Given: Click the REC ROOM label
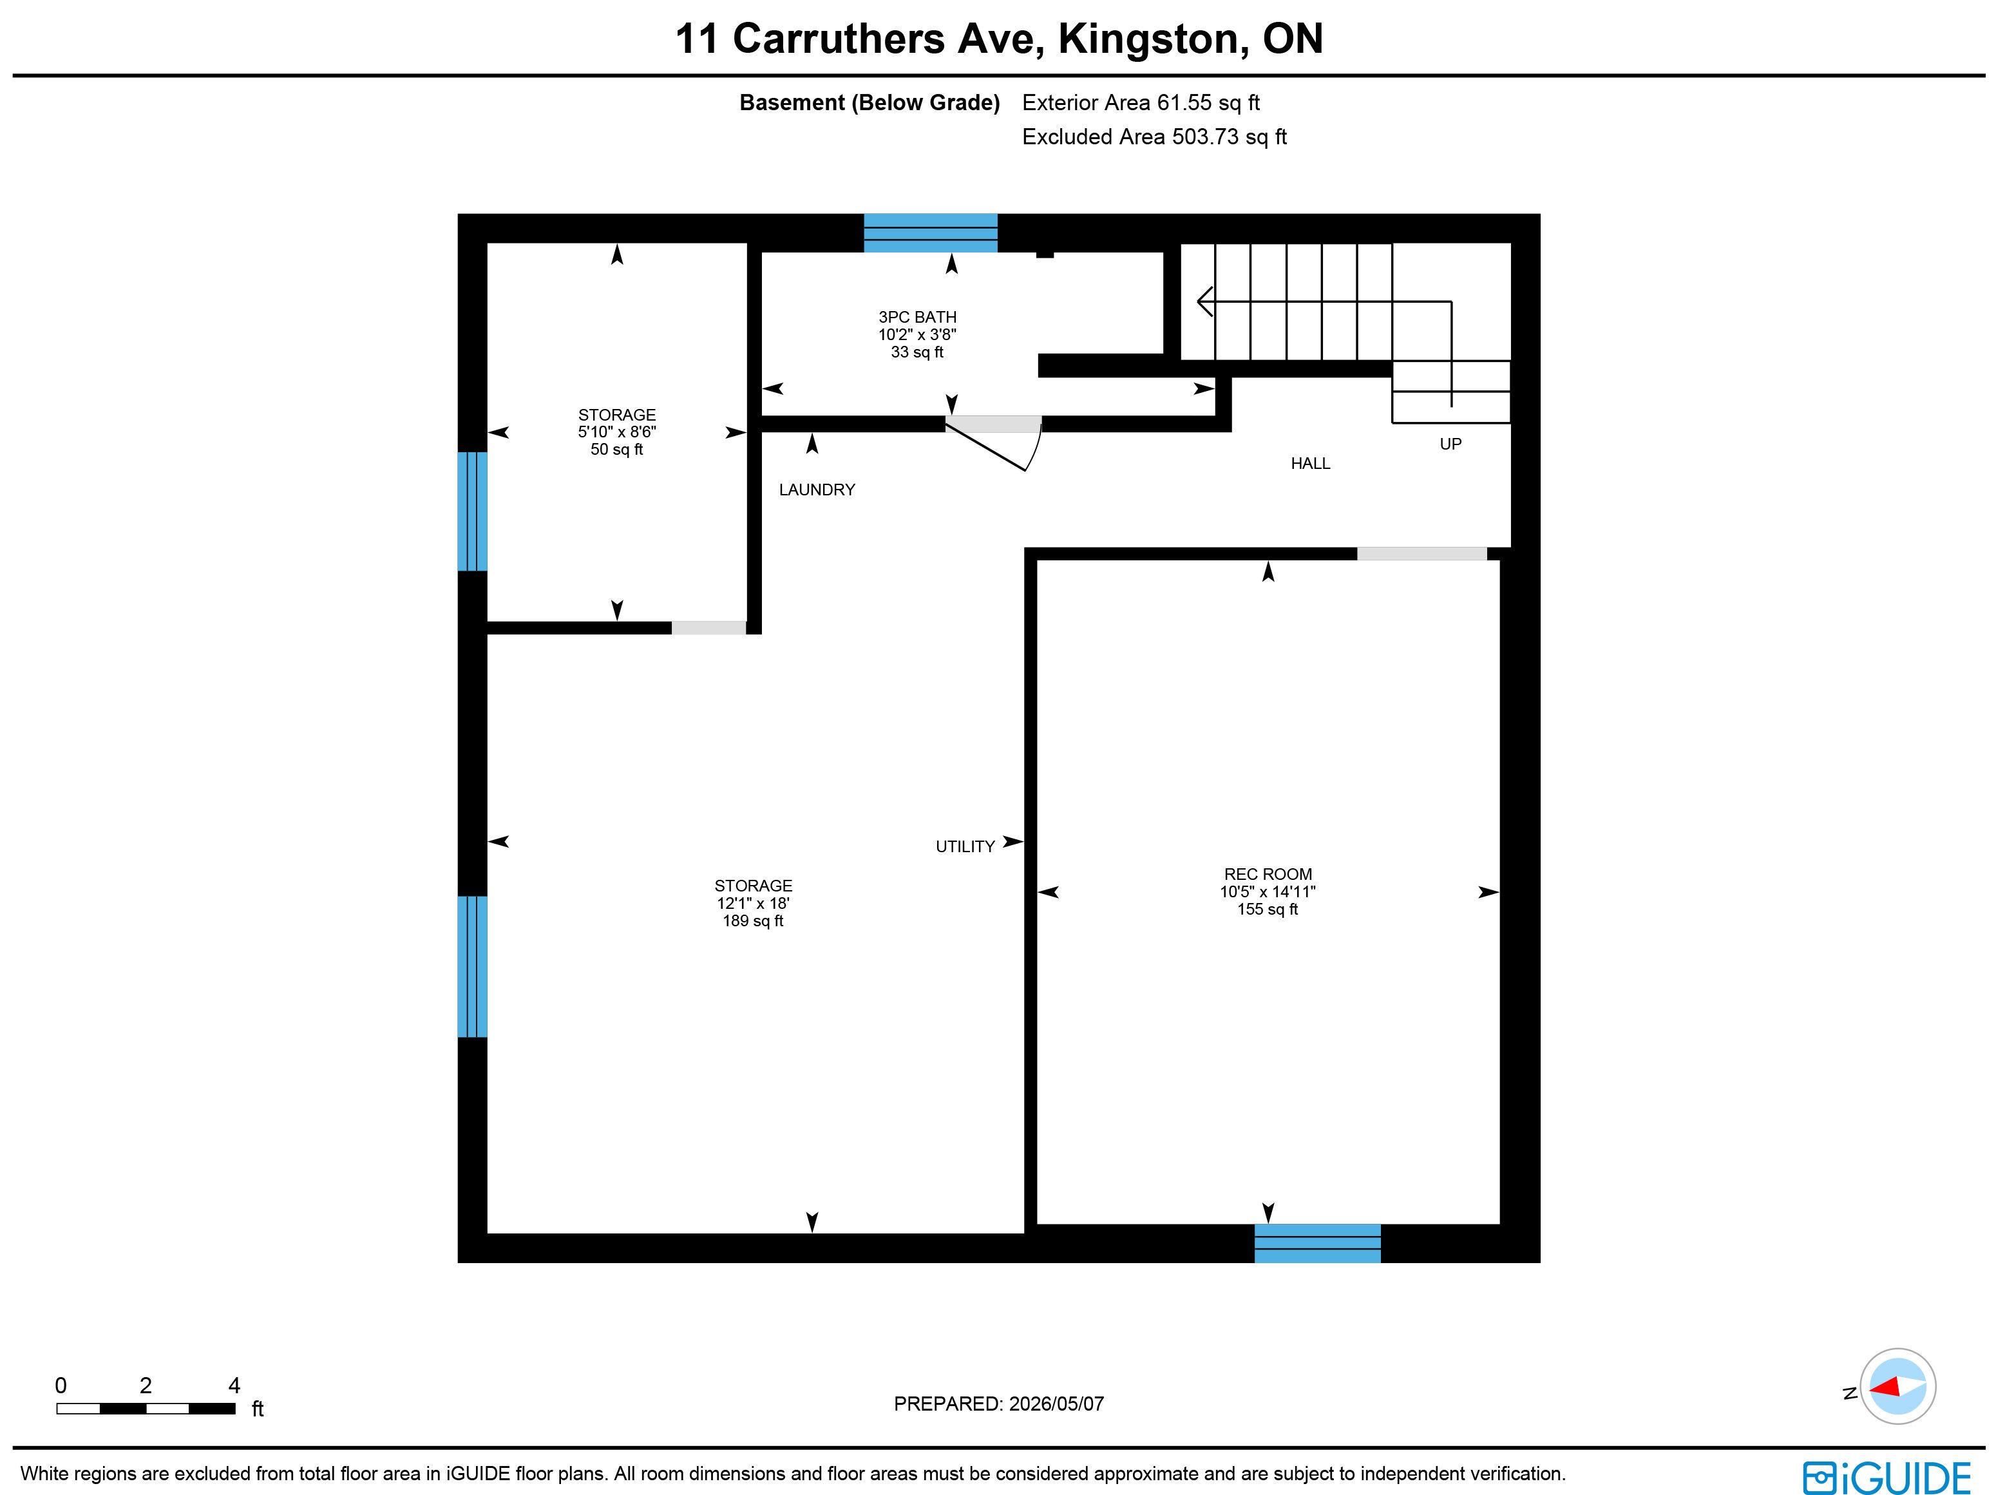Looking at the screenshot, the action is [x=1268, y=874].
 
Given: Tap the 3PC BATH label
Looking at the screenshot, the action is [x=917, y=317].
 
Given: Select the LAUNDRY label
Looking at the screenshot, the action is [x=817, y=490].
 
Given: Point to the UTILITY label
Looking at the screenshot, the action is [x=965, y=846].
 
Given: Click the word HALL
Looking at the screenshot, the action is [x=1310, y=464].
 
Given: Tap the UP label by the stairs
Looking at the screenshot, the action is [x=1450, y=444].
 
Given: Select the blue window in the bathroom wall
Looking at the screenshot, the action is [x=930, y=233].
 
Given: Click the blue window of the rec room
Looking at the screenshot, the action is [x=1317, y=1243].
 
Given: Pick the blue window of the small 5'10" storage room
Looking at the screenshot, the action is [x=472, y=511].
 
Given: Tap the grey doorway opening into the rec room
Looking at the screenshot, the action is [x=1421, y=554].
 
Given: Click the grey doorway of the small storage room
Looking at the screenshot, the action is [x=708, y=628].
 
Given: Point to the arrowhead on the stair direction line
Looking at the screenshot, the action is [x=1204, y=301].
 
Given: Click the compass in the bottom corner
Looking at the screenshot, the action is [x=1897, y=1386].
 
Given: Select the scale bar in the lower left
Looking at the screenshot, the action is [x=146, y=1409].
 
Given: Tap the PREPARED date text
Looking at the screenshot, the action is [x=999, y=1404].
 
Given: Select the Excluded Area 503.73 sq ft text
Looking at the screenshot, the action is [x=1154, y=137].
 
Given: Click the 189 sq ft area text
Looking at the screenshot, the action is [x=752, y=921].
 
